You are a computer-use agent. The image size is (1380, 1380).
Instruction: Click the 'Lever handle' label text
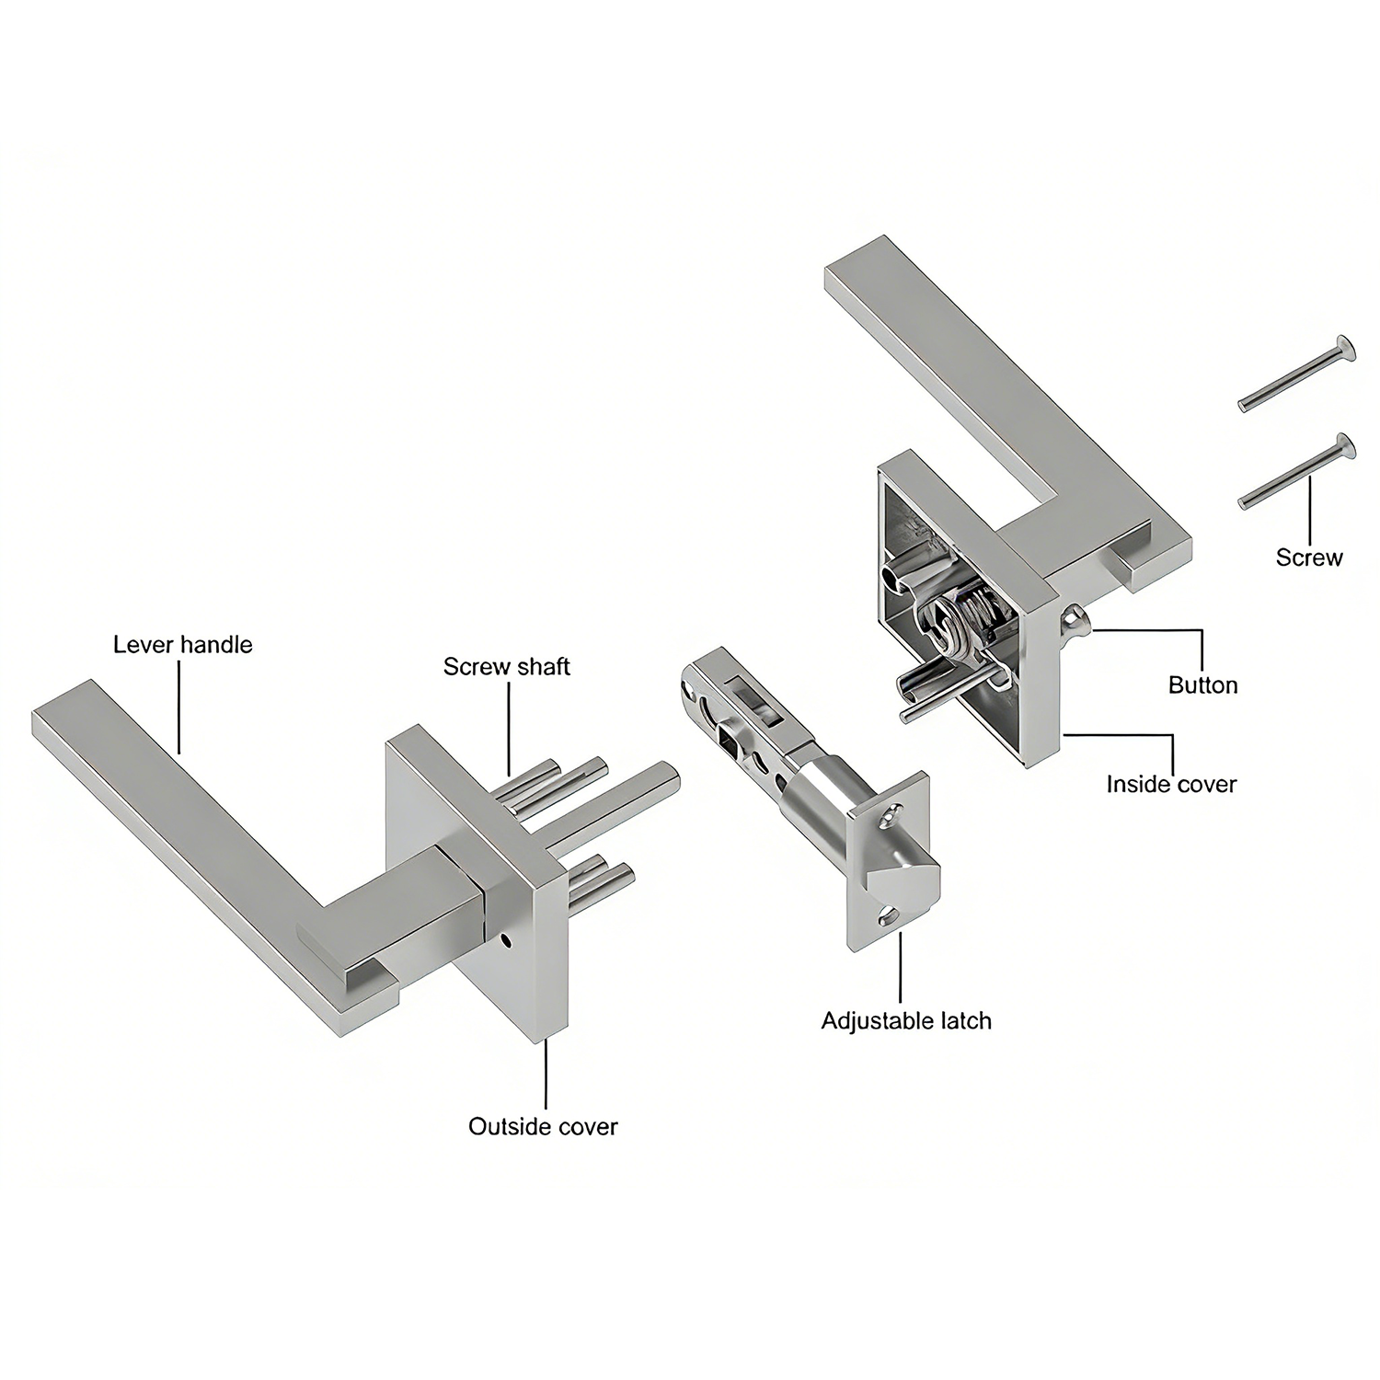pos(182,644)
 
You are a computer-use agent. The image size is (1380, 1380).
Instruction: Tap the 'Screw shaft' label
pos(506,666)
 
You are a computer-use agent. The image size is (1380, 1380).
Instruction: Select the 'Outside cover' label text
pos(543,1126)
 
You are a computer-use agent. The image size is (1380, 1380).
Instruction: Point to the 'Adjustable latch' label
pos(906,1020)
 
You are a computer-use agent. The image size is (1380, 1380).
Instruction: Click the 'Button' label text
pos(1202,684)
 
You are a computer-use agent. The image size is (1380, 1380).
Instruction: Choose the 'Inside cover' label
pos(1171,784)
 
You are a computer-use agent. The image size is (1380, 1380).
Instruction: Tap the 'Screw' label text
pos(1308,557)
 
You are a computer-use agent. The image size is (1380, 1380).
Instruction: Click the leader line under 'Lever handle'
pos(178,707)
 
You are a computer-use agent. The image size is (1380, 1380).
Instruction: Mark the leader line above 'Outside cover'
pos(546,1074)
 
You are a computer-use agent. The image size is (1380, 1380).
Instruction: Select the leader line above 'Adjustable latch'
pos(900,967)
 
